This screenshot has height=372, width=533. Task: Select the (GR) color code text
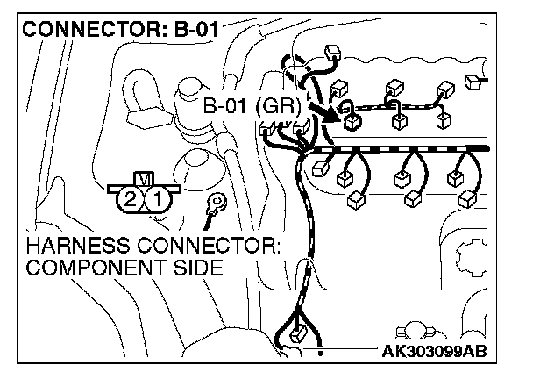[279, 108]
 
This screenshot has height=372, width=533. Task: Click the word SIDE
[189, 267]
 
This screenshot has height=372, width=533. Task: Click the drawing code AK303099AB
[435, 353]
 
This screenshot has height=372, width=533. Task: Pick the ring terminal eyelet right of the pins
[212, 207]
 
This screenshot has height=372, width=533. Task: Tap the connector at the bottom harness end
[295, 335]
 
